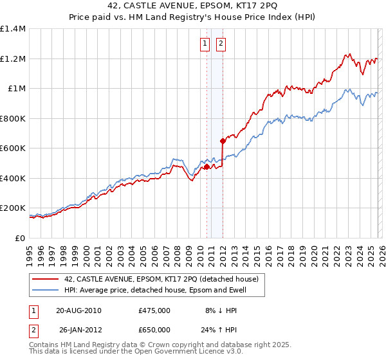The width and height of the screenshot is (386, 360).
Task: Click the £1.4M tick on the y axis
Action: click(x=14, y=29)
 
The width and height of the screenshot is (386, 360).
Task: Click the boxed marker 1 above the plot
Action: click(x=205, y=44)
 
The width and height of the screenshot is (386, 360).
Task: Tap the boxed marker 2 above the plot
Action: click(x=221, y=44)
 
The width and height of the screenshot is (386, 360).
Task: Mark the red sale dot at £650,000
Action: click(x=223, y=141)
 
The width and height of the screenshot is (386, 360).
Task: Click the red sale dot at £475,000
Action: click(x=207, y=166)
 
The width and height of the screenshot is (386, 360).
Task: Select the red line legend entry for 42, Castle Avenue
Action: click(x=161, y=279)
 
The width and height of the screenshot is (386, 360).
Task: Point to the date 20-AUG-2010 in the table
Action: click(x=79, y=310)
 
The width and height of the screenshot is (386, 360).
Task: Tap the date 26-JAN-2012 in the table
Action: click(x=78, y=330)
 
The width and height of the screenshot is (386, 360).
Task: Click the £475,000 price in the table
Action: click(x=154, y=310)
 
